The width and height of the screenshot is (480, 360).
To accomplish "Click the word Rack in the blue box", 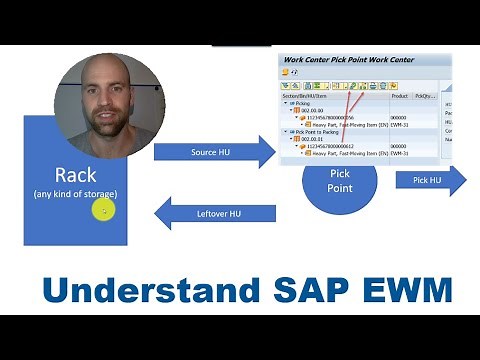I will [x=75, y=174].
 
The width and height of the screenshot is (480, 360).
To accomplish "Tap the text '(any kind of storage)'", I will [x=75, y=192].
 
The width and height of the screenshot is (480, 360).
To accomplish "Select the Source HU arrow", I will [x=212, y=152].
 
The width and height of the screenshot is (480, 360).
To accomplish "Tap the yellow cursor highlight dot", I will [x=104, y=210].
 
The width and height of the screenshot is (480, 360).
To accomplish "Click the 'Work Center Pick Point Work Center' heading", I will [x=349, y=60].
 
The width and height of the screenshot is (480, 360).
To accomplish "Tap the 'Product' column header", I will [x=399, y=95].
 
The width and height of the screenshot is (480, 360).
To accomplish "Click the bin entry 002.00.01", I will [x=310, y=138].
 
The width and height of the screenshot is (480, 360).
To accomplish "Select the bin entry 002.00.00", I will [x=310, y=110].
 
